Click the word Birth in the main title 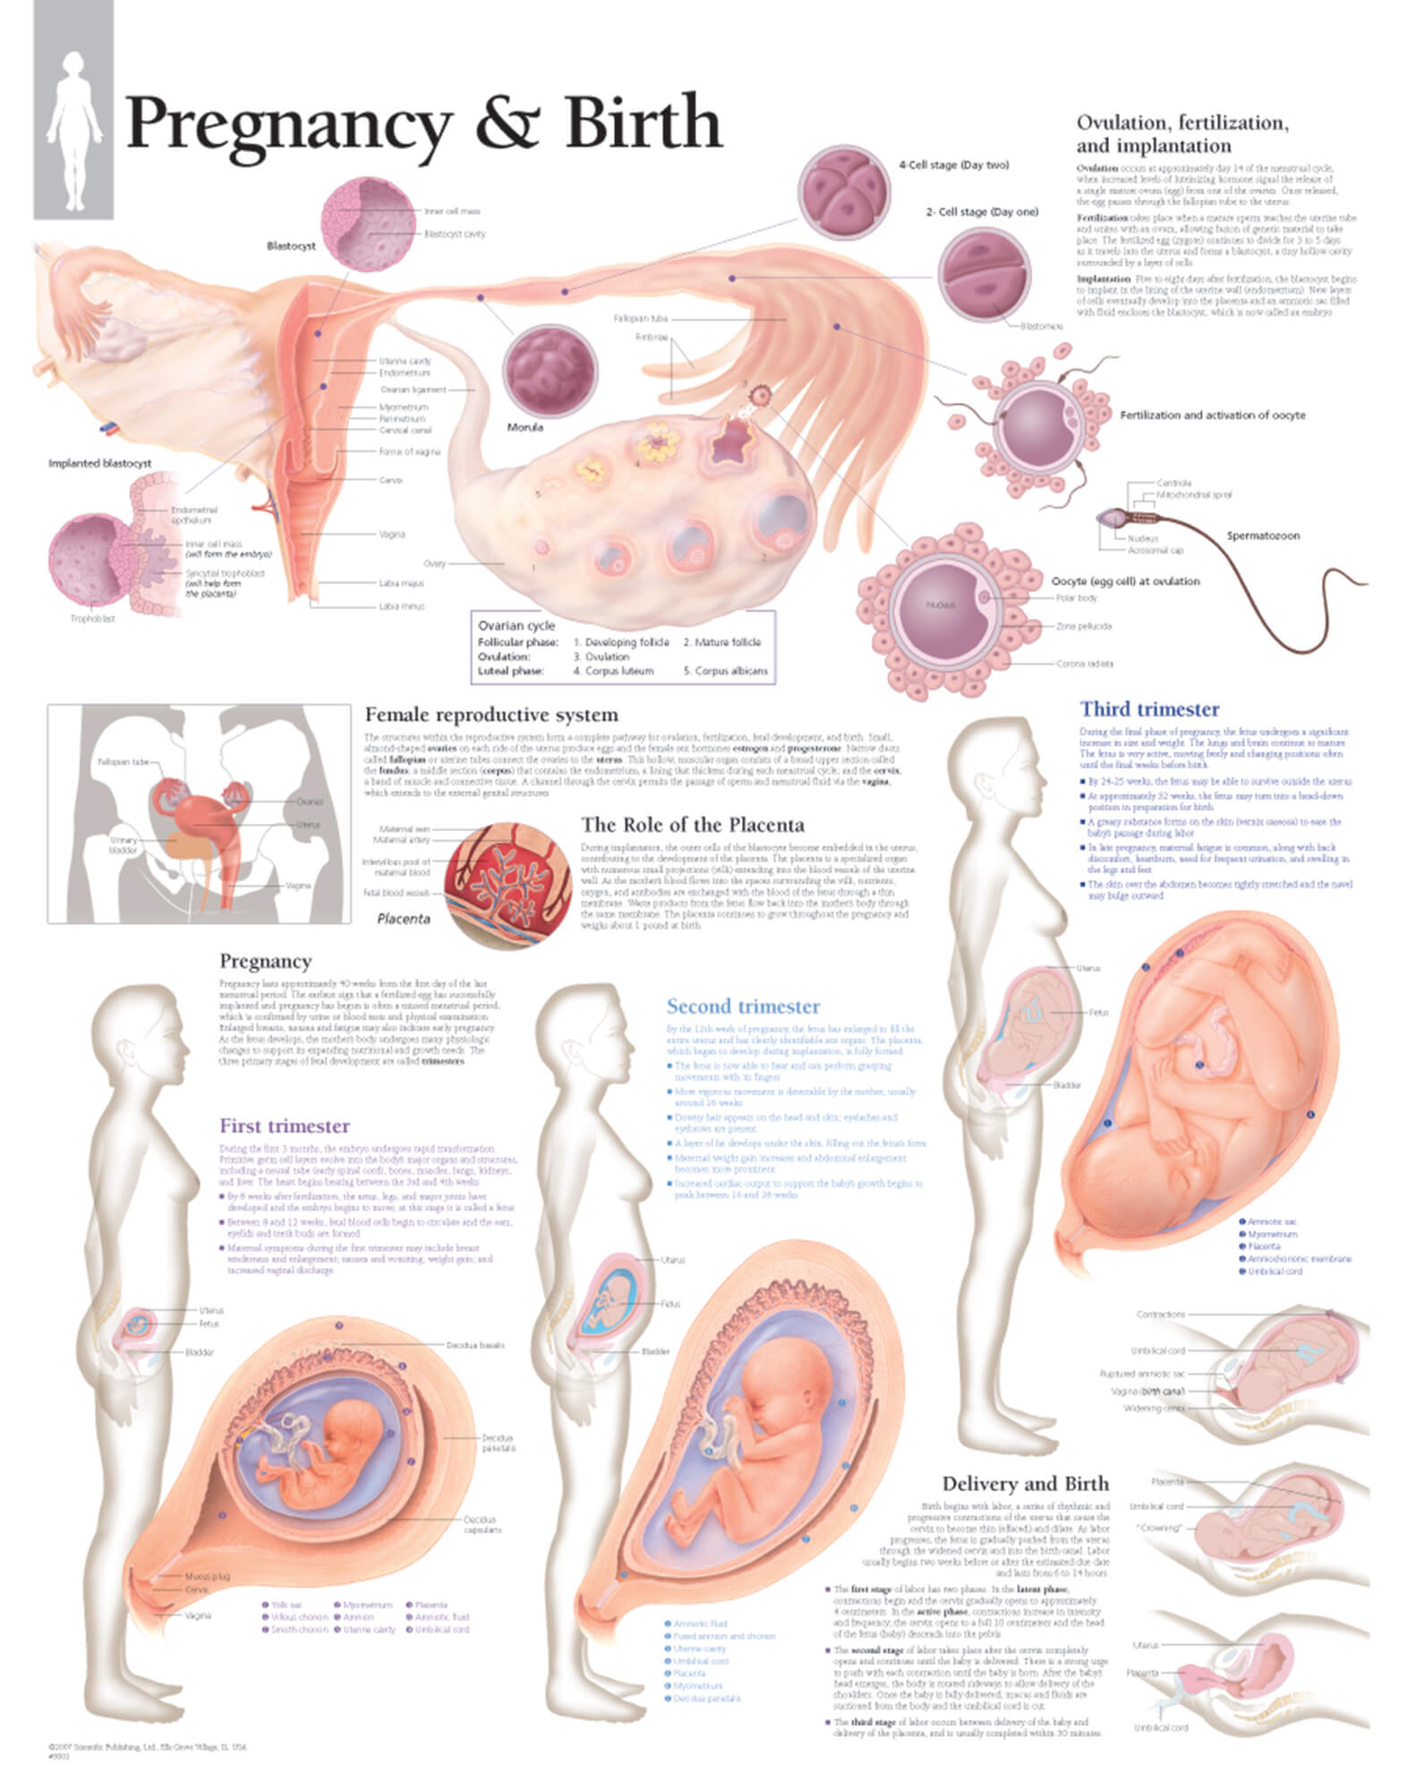point(642,124)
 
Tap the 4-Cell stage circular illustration point(844,193)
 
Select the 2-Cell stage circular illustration point(984,273)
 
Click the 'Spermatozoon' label point(1262,536)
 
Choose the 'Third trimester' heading point(1149,709)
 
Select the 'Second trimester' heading point(743,1006)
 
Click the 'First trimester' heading point(285,1126)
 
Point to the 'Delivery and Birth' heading point(1025,1484)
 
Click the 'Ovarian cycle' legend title point(516,625)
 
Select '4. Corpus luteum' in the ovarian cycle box point(613,671)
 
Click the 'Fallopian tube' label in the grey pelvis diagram point(124,762)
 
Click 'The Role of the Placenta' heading point(692,824)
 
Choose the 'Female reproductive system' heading point(490,715)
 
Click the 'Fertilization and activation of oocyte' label point(1212,416)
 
